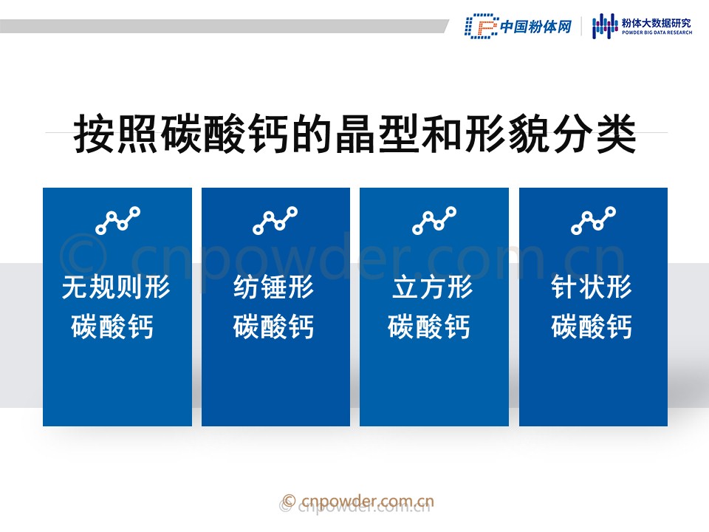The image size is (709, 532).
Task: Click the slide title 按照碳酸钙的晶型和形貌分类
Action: coord(355,134)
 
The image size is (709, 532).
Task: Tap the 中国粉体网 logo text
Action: coord(536,27)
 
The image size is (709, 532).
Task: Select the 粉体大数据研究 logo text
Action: coord(657,24)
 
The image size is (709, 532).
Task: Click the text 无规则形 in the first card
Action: coord(116,287)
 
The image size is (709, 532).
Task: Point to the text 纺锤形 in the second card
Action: coord(274,287)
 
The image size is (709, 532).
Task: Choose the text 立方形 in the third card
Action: coord(433,287)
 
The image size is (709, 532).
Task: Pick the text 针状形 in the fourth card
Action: coord(592,287)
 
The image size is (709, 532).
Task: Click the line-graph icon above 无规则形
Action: coord(117,220)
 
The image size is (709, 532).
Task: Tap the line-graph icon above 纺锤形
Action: coord(275,220)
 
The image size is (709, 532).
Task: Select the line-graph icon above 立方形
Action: coord(434,220)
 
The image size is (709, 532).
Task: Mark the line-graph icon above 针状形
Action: coord(593,220)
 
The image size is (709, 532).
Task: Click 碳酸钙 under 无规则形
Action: coord(112,326)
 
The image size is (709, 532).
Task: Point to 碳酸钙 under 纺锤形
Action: coord(273,326)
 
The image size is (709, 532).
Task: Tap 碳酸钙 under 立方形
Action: coord(428,326)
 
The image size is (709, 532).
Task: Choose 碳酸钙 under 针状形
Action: coord(592,326)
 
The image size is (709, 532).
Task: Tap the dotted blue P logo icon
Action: coord(481,27)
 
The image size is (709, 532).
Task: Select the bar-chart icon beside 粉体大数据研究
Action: coord(605,26)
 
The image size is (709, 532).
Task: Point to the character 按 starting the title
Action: coord(94,134)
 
